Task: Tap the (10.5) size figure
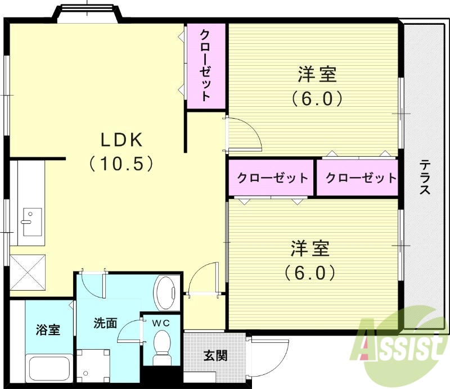[x=121, y=164]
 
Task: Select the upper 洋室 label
[x=317, y=74]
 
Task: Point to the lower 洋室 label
[x=310, y=248]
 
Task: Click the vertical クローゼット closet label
[x=205, y=65]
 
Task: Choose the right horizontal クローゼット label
[x=361, y=178]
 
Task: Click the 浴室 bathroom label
[x=47, y=330]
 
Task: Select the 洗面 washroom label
[x=106, y=323]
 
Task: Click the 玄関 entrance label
[x=215, y=355]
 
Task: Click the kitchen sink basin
[x=31, y=216]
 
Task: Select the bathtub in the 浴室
[x=48, y=368]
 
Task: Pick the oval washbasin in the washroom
[x=166, y=291]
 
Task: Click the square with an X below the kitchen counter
[x=28, y=272]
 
